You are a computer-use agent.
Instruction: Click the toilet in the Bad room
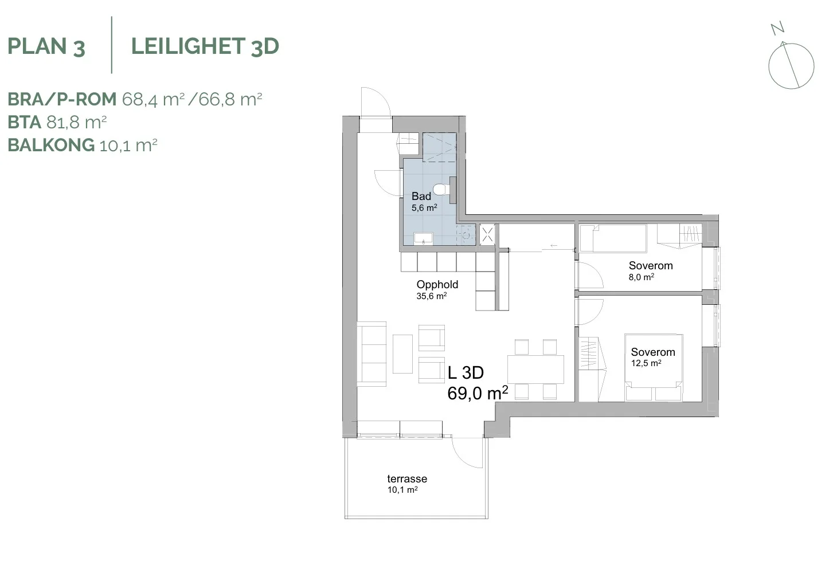441,190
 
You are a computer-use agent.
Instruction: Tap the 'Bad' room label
421,196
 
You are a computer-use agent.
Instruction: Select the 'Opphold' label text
437,285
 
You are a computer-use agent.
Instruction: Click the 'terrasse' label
407,478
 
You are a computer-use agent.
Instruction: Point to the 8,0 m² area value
641,277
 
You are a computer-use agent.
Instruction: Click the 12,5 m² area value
646,363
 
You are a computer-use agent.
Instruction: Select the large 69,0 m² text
478,393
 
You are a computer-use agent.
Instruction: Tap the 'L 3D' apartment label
466,372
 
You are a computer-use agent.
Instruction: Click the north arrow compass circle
791,66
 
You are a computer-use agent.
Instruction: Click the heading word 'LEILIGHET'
189,46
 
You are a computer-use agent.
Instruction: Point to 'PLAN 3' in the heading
46,47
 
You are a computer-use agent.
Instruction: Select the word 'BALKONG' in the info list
51,145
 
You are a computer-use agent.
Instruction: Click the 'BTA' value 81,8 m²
77,122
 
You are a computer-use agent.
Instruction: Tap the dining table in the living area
535,369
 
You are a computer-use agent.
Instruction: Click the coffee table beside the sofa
402,354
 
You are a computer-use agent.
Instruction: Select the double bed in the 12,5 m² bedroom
654,367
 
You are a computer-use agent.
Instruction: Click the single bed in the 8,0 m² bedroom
613,238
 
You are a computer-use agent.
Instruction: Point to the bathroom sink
423,238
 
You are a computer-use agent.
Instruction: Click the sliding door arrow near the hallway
554,246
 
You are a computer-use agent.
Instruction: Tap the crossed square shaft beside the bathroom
487,234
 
